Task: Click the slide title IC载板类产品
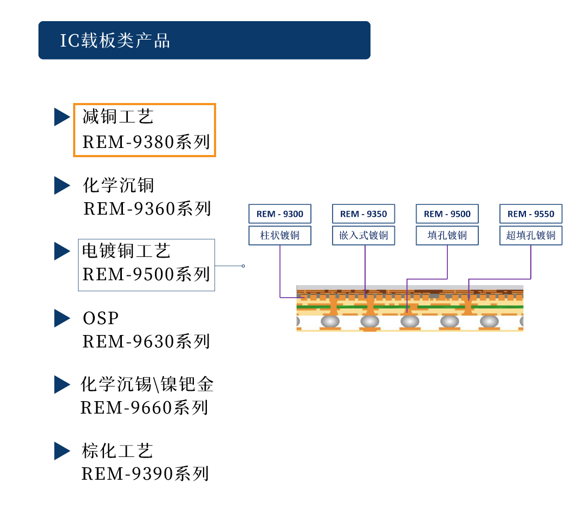click(115, 41)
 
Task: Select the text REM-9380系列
click(146, 142)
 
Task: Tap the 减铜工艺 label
click(118, 116)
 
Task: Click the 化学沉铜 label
click(119, 185)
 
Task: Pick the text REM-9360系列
click(147, 209)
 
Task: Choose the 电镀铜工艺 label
click(126, 251)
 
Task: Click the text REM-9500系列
click(146, 274)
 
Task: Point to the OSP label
click(101, 318)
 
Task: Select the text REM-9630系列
click(146, 342)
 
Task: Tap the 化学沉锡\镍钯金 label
click(147, 384)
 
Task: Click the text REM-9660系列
click(145, 408)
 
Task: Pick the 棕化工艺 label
click(118, 450)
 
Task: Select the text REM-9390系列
click(145, 474)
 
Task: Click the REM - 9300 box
click(280, 214)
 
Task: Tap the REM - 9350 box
click(363, 214)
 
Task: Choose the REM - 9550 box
click(531, 214)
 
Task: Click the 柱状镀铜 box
click(280, 236)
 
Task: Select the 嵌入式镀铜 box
click(363, 236)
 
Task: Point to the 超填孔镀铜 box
click(531, 236)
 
